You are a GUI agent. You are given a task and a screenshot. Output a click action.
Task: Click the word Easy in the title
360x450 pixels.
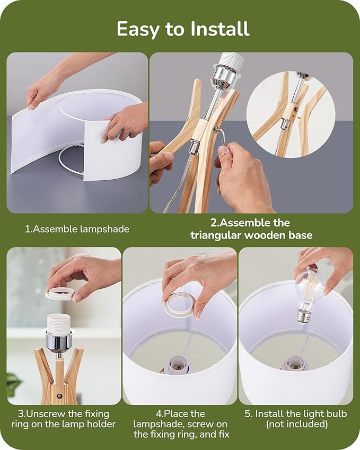tap(137, 30)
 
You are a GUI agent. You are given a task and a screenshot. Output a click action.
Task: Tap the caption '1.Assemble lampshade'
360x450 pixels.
tap(77, 229)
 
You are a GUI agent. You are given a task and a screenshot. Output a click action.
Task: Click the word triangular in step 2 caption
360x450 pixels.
tap(215, 235)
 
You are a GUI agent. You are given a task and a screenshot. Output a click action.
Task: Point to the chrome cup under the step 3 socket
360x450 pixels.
tap(58, 341)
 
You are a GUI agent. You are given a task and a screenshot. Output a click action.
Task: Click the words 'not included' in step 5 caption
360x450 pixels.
tap(297, 424)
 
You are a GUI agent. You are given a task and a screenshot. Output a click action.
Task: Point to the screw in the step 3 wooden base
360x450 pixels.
tap(60, 396)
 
